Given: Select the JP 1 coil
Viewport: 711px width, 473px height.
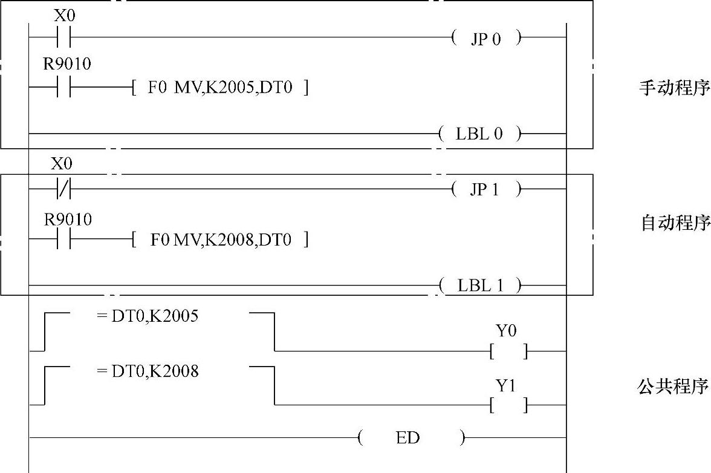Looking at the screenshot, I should point(485,189).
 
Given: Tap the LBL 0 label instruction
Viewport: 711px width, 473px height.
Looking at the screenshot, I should point(479,134).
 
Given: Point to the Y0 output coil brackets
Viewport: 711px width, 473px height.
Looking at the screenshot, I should point(508,351).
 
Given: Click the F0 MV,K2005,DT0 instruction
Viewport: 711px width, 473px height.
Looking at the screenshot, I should point(220,88).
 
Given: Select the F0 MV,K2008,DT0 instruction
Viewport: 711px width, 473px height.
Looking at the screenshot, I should point(220,240).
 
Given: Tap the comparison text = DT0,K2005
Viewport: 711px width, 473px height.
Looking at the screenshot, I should point(147,316).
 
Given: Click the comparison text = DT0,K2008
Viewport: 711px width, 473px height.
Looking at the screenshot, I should point(147,371).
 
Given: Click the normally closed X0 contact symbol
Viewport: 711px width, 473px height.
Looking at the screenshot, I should point(63,189).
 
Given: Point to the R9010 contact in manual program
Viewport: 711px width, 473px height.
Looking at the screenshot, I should point(63,88).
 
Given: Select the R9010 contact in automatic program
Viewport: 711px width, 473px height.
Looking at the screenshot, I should point(63,240).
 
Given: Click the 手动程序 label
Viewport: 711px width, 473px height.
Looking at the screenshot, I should point(674,88).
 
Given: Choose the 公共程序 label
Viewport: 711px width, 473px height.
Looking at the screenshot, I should point(674,387).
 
